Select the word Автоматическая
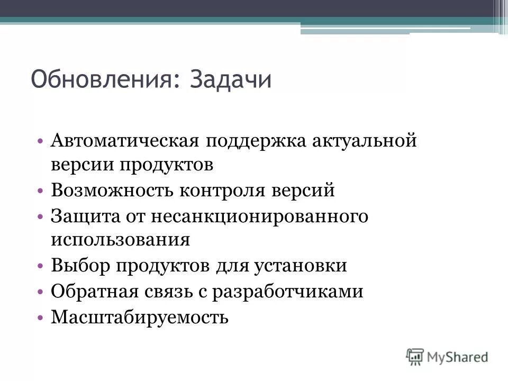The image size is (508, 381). pos(125,141)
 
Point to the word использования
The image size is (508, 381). pos(121,240)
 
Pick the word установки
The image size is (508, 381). pos(302,265)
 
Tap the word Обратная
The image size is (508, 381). pos(94,291)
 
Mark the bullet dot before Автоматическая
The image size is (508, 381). pos(41,141)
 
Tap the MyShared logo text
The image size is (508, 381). pos(458,357)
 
